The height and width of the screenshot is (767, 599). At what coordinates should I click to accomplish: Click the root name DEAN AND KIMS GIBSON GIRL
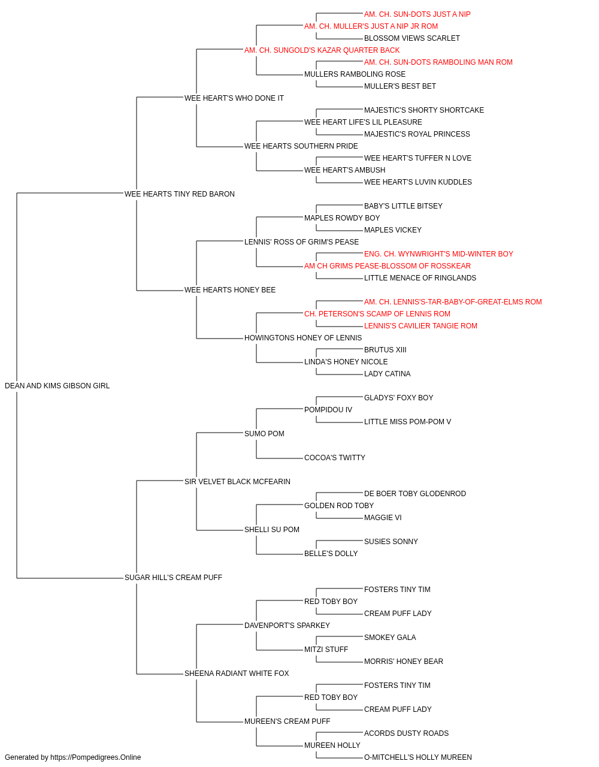tap(57, 386)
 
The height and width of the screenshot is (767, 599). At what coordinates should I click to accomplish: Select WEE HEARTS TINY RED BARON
tap(180, 194)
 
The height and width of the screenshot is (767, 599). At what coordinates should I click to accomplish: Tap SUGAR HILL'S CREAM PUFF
tap(173, 578)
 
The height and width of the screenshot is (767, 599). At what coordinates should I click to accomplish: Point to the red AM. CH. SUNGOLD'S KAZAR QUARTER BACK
tap(322, 50)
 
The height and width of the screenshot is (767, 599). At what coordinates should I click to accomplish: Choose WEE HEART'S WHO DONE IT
tap(234, 98)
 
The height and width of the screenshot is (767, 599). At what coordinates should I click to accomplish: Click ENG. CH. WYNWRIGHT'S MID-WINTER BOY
tap(438, 254)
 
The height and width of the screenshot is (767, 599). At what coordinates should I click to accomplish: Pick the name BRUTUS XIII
tap(385, 350)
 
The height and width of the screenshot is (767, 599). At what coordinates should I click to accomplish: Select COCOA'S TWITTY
tap(335, 458)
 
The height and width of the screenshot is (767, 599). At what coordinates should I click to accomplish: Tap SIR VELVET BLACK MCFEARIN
tap(237, 482)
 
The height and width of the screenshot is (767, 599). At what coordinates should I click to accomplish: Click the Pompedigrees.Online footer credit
tap(72, 757)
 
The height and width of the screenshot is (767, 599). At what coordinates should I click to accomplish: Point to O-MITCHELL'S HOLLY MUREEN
tap(418, 757)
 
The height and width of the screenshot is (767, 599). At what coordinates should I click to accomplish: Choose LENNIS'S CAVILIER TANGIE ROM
tap(420, 326)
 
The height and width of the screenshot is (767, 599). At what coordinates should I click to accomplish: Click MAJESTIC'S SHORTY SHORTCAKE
tap(424, 110)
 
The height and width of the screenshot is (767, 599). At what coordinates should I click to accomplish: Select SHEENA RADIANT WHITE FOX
tap(237, 674)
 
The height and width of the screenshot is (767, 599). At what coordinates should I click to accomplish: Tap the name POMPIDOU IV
tap(328, 410)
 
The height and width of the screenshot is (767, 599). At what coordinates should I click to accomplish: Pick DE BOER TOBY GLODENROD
tap(415, 494)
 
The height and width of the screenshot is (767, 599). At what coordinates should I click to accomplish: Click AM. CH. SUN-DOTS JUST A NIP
tap(418, 14)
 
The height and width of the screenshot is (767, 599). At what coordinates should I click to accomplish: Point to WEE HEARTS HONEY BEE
tap(230, 290)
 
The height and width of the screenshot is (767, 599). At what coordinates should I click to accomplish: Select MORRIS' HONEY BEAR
tap(404, 662)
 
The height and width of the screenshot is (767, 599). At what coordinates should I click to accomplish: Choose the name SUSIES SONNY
tap(391, 542)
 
